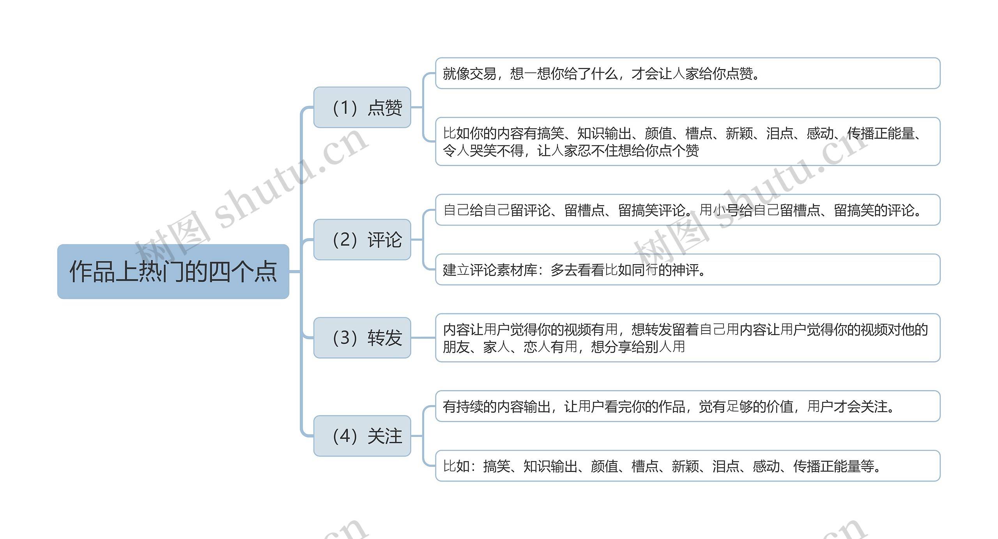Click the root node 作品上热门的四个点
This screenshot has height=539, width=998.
(173, 272)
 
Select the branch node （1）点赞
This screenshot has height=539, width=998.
(362, 108)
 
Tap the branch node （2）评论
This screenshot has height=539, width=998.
(362, 240)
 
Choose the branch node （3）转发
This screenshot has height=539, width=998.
(362, 338)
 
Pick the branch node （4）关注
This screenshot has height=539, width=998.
(362, 436)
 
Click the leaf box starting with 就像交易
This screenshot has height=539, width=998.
(687, 73)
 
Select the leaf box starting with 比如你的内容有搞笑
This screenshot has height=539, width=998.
(687, 141)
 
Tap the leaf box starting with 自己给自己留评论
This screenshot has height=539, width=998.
(687, 210)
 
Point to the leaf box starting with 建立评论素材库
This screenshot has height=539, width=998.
(687, 270)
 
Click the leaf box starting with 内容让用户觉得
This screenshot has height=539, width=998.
(687, 338)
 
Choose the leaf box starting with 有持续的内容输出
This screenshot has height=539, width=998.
(687, 406)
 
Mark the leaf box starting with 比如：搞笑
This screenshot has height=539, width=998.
(687, 466)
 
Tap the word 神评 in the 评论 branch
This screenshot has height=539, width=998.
(685, 270)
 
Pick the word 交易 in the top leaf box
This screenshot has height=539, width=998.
(483, 74)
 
